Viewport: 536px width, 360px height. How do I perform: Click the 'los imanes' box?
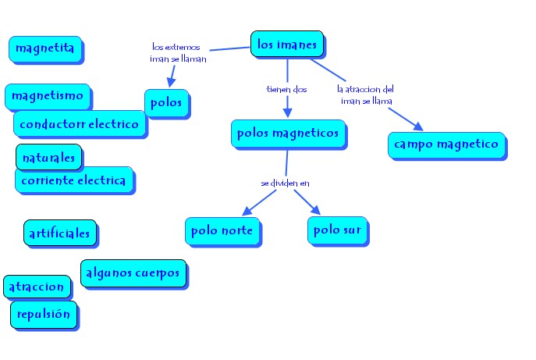click(287, 45)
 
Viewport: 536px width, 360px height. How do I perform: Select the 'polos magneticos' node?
click(289, 134)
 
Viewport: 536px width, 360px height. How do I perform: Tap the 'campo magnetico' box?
click(446, 144)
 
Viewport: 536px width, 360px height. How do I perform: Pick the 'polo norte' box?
click(222, 230)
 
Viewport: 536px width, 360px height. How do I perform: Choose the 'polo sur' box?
click(338, 230)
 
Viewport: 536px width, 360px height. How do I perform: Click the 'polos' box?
click(168, 102)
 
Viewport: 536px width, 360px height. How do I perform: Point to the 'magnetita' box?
click(44, 48)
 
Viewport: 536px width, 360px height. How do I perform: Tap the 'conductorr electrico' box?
click(80, 123)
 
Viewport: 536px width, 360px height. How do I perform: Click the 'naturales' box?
click(49, 157)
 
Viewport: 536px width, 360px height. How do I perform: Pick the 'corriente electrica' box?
click(74, 180)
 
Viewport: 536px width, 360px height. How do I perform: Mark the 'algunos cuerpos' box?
click(133, 273)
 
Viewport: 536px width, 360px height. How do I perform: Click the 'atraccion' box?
click(37, 287)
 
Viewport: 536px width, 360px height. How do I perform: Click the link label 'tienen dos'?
click(287, 89)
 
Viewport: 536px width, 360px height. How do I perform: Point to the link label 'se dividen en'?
click(286, 183)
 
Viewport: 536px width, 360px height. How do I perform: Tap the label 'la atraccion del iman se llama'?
click(367, 94)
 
